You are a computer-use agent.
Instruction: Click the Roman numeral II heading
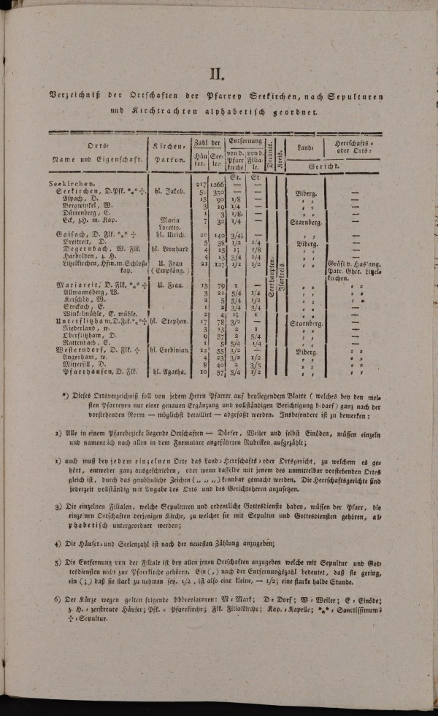pos(217,73)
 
